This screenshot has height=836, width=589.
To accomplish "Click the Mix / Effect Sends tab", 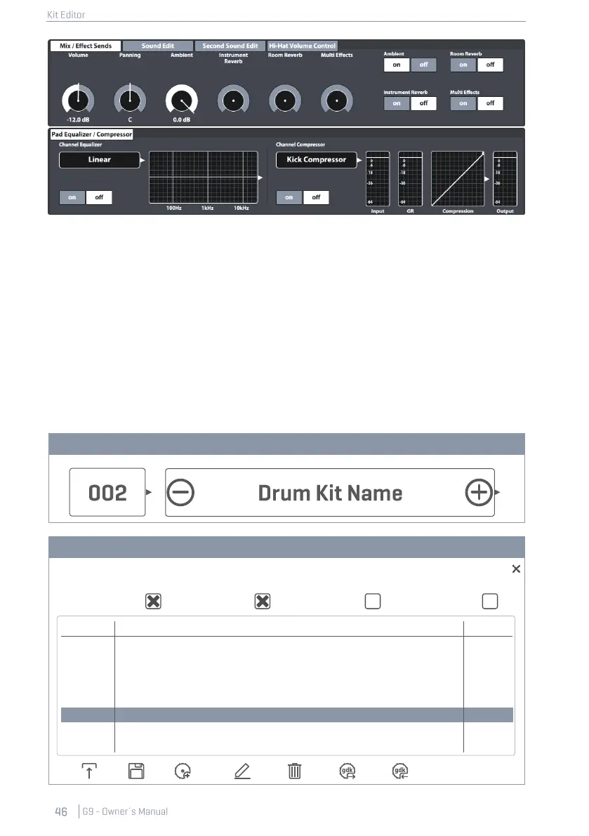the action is pos(85,46).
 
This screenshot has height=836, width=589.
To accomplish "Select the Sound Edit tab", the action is pos(157,46).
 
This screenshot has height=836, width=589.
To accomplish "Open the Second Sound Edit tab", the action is pos(230,46).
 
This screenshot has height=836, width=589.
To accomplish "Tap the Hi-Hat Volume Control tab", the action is pos(303,46).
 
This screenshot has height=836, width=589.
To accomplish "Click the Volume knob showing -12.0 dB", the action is pos(78,101).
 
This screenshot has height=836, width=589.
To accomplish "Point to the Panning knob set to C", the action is pos(129,101).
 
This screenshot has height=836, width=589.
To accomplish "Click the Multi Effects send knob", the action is pos(337,101).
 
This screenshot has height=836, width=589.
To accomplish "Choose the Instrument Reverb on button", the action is pos(397,103).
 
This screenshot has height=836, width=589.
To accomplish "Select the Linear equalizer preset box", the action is pos(99,159).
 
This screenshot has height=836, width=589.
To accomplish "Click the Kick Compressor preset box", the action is pos(316,159).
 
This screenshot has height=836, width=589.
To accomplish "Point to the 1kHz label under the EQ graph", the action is pos(207,208).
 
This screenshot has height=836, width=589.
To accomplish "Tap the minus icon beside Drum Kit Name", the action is pos(182,493).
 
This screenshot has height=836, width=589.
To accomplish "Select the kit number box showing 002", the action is pos(107,493).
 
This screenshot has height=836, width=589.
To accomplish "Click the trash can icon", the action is pos(295,772).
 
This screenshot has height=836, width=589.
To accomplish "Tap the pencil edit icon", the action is pos(242,772).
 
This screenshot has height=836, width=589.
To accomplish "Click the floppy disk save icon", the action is pos(137,772).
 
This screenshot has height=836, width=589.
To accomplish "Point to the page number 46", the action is pos(61,811).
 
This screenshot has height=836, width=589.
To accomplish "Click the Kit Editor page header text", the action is pos(60,15).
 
